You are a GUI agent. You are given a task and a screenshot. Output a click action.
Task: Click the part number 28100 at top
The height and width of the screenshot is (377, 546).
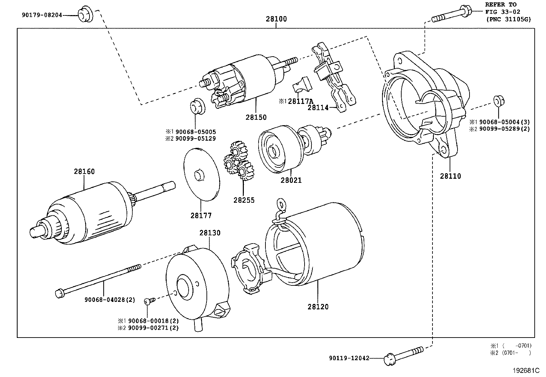276,19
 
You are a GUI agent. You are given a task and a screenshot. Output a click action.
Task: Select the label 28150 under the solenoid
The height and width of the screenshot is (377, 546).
256,117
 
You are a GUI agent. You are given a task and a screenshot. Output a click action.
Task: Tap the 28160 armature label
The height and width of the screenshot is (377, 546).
84,172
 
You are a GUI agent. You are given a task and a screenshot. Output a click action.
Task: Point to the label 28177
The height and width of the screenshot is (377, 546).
201,216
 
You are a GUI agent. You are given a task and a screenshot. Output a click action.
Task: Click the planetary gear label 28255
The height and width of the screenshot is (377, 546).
244,200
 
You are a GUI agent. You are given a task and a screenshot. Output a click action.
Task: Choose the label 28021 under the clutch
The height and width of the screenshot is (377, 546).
291,180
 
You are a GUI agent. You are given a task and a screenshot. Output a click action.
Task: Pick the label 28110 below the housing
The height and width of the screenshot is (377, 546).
451,176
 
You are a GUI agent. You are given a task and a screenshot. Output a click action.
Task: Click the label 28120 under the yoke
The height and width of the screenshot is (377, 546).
318,307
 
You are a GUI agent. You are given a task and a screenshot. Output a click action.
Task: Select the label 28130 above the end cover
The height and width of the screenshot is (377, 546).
210,233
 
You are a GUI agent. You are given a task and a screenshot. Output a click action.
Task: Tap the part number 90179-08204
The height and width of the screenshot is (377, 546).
42,15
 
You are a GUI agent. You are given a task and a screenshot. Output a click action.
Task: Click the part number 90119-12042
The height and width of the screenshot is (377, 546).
349,358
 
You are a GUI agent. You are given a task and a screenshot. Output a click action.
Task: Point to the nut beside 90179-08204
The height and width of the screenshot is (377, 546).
84,15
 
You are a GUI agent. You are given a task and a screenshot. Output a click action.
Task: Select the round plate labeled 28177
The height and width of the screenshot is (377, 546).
201,175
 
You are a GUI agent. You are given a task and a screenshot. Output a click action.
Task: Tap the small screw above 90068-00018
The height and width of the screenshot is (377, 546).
149,301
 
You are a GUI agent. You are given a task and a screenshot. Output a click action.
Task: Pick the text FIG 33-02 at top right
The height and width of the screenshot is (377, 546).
502,12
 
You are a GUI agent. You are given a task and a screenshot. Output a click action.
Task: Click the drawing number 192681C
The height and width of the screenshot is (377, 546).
526,370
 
